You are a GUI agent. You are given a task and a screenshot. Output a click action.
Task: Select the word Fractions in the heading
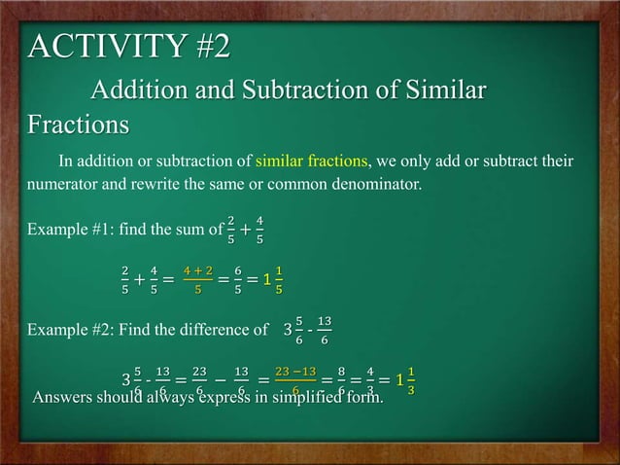click(78, 126)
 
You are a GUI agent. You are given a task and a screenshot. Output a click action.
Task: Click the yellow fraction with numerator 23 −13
click(294, 379)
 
